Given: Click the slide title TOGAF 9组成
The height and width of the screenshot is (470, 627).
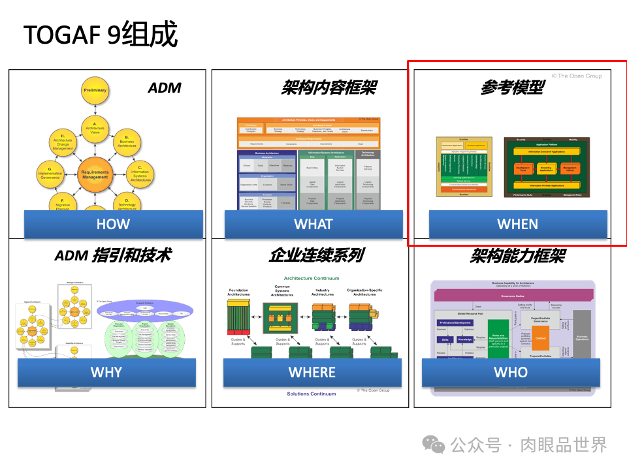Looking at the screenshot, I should coord(101,35).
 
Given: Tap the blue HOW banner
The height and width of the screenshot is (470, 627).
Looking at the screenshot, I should coord(113,224).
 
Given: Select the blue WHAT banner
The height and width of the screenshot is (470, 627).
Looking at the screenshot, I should coord(313,224).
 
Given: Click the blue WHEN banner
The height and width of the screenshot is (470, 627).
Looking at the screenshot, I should coord(517,224).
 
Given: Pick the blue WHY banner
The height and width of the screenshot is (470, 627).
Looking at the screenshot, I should coord(106,372).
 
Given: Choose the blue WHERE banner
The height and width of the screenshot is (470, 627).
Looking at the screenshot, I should coord(312,372).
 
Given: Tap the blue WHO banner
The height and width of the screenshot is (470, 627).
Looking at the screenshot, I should coord(511,372).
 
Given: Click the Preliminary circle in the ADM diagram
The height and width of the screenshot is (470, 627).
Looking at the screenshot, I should coord(95,91).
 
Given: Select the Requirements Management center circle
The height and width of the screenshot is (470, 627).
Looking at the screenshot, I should coord(95,174).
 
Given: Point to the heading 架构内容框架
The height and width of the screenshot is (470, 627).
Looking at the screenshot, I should coord(329,87).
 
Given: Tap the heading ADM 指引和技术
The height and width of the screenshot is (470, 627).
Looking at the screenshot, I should coord(112,255).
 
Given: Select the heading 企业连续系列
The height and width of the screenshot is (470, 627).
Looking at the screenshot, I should coord(316,255).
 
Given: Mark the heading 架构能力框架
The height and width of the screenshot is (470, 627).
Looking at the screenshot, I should coord(517,255).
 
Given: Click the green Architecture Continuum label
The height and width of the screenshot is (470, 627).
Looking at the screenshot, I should coord(312,278).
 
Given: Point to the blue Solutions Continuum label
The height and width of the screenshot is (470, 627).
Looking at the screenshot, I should coord(312,394).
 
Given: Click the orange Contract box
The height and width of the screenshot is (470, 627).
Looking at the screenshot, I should coord(540,338).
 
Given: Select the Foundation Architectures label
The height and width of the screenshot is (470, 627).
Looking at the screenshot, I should coord(238,292).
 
